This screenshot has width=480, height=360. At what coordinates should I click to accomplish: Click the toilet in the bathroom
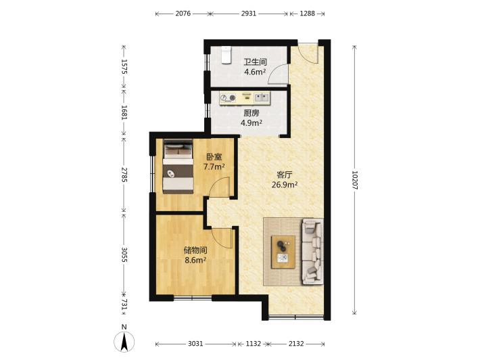coord(226,55)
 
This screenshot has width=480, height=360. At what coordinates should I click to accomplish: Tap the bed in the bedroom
coord(178,166)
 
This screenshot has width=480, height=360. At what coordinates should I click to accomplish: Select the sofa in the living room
coord(312,251)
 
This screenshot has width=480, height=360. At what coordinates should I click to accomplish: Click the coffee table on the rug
coord(283,252)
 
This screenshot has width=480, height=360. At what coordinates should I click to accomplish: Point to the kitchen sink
coord(262,97)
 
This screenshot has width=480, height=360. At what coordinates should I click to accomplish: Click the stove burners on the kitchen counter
coord(228,98)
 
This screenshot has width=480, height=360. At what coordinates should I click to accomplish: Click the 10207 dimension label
coord(354,180)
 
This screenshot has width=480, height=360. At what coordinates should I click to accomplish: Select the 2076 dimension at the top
coord(183,14)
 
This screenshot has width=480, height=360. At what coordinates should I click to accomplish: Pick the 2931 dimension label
coord(248,14)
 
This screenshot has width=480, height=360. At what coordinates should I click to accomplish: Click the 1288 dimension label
coord(307,14)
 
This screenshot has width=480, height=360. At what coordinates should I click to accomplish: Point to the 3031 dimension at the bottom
coord(195,344)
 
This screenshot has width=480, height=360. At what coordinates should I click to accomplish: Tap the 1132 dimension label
coord(253,344)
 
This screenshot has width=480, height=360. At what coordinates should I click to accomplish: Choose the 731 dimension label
coord(124,305)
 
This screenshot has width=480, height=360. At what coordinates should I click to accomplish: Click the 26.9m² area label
coord(285,185)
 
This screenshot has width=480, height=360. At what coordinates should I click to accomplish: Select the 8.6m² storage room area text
coord(195,261)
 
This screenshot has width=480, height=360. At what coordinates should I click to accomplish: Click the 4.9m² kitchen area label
coord(251,123)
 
